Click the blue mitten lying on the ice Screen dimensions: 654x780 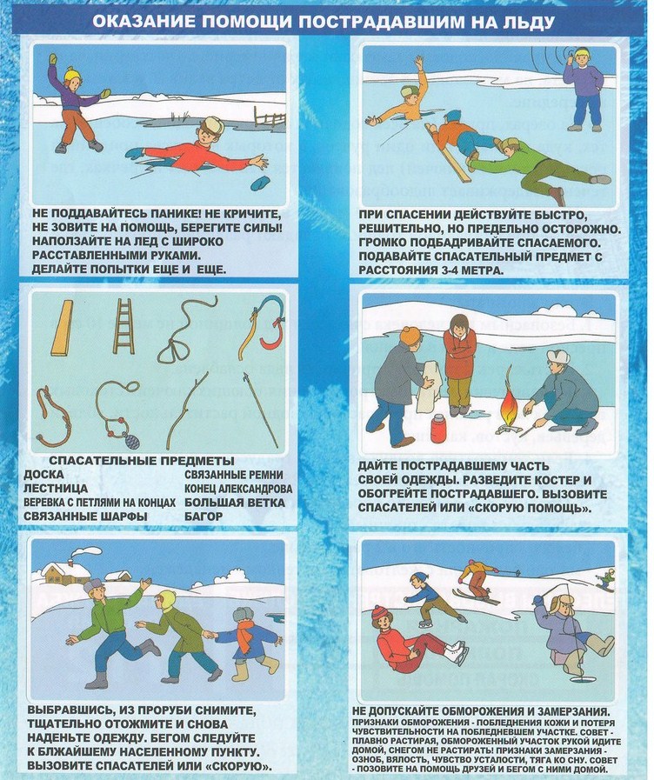(260, 183)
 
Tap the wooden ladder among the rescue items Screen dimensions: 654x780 (123, 326)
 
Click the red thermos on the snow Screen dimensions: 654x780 (437, 429)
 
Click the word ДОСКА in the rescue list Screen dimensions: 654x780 (43, 475)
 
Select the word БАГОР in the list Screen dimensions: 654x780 (204, 517)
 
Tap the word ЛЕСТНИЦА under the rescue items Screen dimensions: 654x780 (56, 489)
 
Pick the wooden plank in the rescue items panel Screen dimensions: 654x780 (62, 328)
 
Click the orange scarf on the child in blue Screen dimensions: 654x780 (244, 636)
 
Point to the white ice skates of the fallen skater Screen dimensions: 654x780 (456, 653)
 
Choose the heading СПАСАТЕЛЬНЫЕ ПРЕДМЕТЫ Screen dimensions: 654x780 (142, 461)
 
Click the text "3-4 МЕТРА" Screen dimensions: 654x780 (462, 270)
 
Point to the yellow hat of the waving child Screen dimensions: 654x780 (72, 74)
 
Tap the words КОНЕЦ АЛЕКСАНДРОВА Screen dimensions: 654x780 (238, 489)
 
